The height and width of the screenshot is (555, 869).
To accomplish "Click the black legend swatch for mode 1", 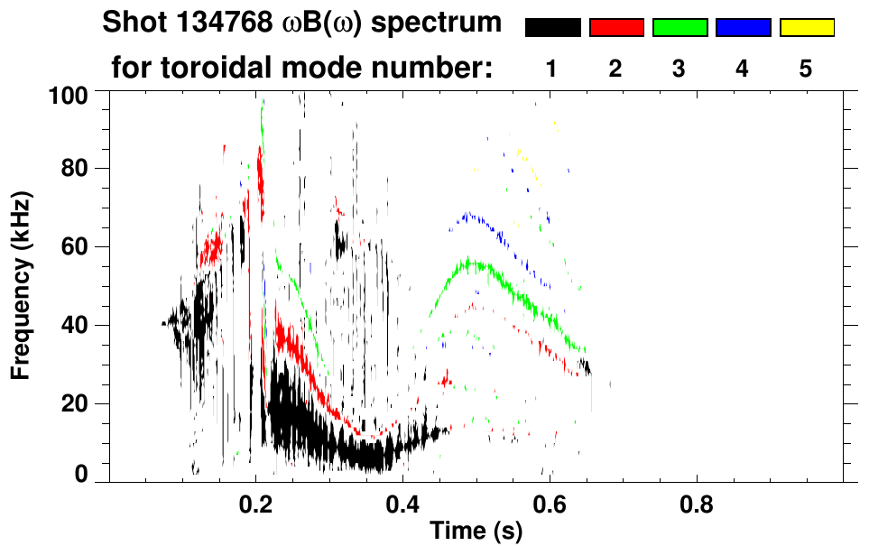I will [553, 28].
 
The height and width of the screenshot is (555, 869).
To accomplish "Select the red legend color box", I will [616, 28].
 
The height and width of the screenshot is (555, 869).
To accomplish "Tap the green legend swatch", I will [679, 28].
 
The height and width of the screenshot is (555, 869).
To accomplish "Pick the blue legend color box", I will [743, 28].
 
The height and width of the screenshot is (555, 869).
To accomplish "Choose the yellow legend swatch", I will [806, 28].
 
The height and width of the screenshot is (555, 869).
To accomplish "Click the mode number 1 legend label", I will [552, 69].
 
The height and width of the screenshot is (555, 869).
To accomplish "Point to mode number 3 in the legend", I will [679, 69].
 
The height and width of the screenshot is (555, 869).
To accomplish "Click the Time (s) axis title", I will [475, 532].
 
